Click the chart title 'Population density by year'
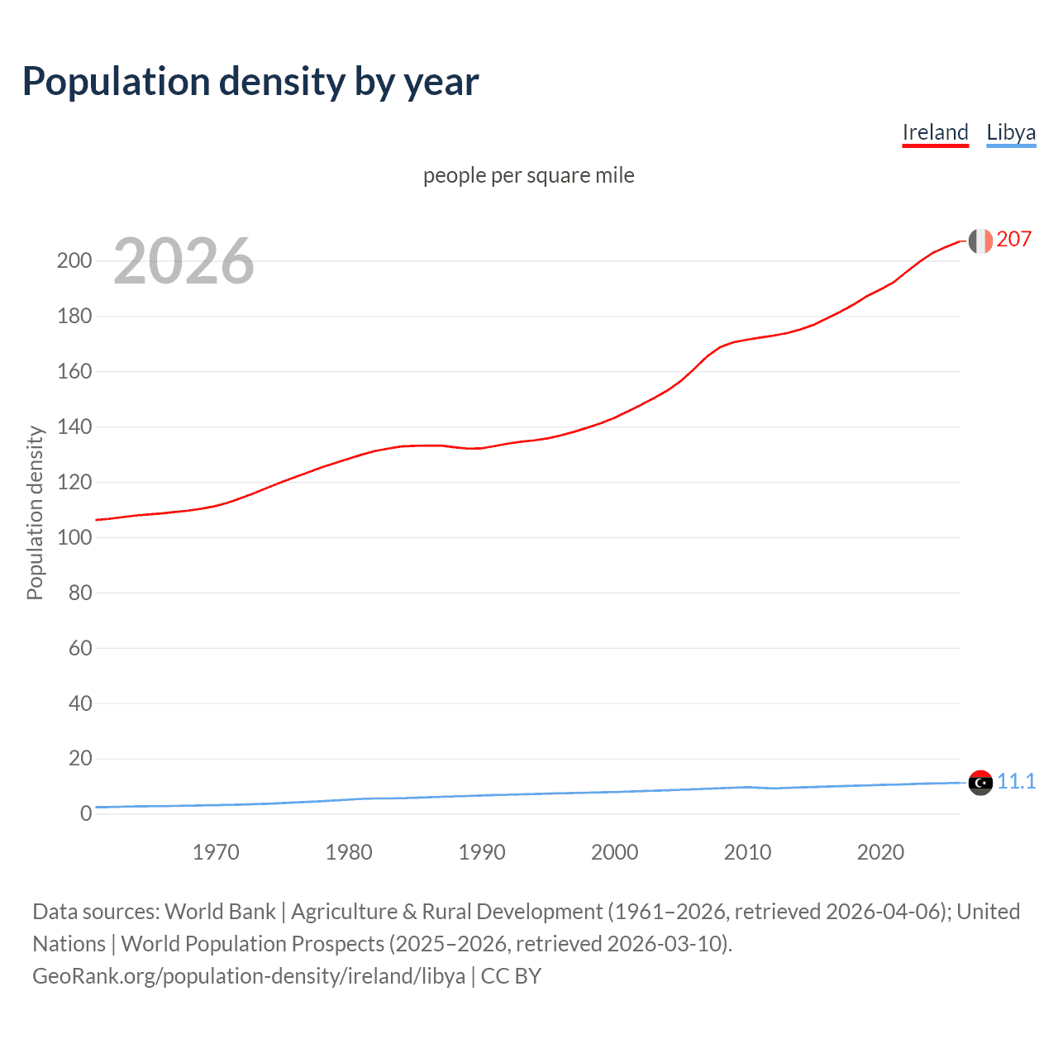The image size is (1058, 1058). click(250, 82)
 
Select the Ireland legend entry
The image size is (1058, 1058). click(935, 132)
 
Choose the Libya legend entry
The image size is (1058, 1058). click(1011, 132)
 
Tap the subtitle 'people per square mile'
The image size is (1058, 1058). click(528, 175)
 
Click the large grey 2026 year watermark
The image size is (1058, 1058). click(183, 261)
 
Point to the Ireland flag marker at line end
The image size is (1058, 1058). click(980, 241)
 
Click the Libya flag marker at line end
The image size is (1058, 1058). click(980, 782)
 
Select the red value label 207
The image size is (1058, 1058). click(1013, 240)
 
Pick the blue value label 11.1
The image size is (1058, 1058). click(1016, 781)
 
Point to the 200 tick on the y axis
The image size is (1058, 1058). click(74, 261)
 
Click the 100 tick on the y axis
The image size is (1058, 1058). click(74, 537)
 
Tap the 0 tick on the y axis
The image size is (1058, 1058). click(86, 814)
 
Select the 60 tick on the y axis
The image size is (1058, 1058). click(80, 648)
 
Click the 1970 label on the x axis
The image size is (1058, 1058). click(216, 852)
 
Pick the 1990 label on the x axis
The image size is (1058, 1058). click(482, 852)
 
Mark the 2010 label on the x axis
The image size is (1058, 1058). click(747, 852)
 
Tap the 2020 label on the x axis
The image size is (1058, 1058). click(880, 852)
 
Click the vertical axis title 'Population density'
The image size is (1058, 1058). click(35, 512)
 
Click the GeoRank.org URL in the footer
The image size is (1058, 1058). click(249, 976)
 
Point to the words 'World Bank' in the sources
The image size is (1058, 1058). click(220, 912)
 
